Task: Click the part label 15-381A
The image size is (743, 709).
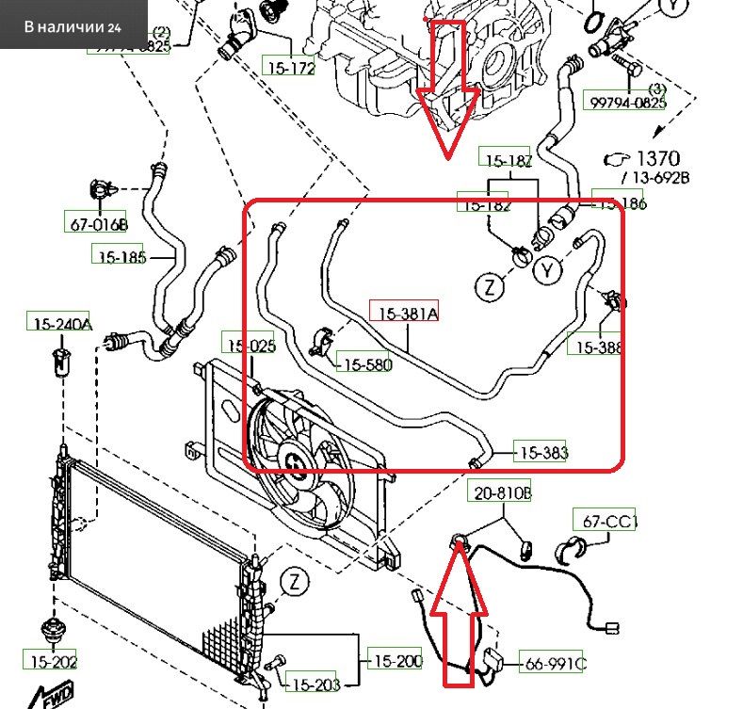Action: tap(408, 314)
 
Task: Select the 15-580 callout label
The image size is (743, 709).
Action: tap(365, 364)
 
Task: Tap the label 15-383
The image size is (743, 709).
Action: tap(542, 454)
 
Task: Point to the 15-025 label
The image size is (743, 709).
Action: tap(249, 346)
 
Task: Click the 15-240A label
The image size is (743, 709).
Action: tap(58, 324)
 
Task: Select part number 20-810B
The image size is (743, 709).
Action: tap(503, 491)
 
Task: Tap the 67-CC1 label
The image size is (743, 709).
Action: tap(605, 520)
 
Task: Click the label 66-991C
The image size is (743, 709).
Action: tap(554, 665)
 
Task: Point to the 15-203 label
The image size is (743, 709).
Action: tap(314, 685)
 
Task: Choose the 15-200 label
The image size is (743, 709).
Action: tap(394, 662)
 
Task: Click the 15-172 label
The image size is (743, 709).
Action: tap(289, 68)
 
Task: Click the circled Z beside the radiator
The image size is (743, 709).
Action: tap(297, 581)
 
